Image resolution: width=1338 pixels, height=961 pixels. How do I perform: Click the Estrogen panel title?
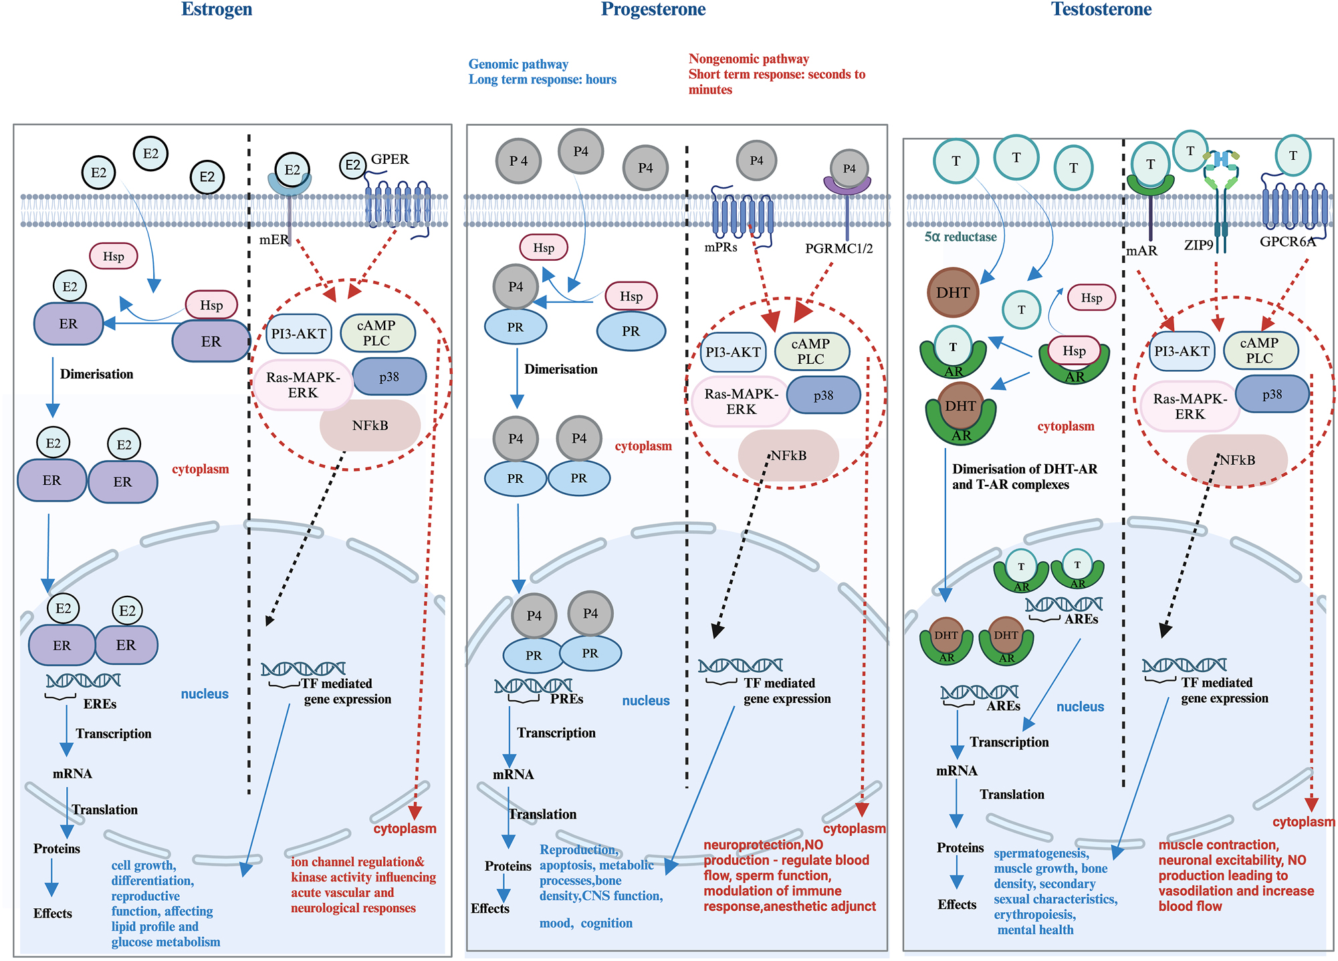[x=217, y=9]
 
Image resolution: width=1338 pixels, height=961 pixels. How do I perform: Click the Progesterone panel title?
[x=653, y=9]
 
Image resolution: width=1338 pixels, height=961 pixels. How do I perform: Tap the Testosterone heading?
[x=1101, y=9]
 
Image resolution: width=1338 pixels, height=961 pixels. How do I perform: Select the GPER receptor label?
[x=390, y=159]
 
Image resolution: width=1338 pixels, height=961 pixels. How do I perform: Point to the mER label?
[x=273, y=239]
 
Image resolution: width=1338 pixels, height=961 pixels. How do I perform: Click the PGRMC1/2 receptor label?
[x=839, y=249]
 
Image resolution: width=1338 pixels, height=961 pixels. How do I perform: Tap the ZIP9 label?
[x=1198, y=245]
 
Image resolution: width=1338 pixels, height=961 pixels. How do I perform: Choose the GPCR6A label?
[x=1287, y=242]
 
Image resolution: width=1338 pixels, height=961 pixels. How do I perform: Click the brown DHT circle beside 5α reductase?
[x=953, y=293]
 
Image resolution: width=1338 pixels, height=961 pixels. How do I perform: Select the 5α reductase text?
[x=960, y=237]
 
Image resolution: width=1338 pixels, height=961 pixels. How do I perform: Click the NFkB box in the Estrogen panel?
[x=370, y=425]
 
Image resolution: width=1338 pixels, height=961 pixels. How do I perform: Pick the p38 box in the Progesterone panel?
[x=823, y=395]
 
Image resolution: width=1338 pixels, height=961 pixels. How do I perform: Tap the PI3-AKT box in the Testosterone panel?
[x=1182, y=351]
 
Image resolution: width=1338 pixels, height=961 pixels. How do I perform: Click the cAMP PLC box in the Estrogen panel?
[x=377, y=333]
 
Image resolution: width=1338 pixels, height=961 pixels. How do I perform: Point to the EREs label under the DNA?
[x=100, y=704]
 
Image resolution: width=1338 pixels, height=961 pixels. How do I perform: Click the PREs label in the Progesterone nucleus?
[x=566, y=699]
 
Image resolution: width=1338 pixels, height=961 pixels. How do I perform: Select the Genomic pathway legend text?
[x=518, y=64]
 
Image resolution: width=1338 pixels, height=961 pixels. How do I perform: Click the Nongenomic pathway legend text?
[x=748, y=59]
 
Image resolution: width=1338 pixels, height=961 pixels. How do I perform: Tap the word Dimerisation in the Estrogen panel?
[x=96, y=374]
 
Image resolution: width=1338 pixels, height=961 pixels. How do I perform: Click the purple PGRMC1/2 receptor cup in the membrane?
[x=847, y=183]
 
